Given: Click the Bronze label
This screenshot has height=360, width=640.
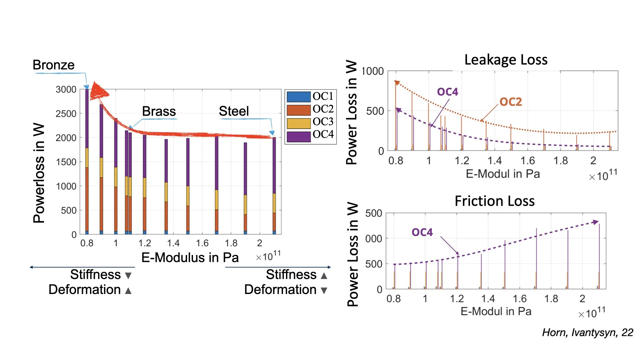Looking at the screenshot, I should click(53, 65).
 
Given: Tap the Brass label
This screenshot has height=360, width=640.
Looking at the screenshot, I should click(159, 111).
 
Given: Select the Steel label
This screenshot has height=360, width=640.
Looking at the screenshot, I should click(234, 111).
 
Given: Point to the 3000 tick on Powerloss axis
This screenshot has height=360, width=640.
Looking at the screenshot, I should click(66, 89).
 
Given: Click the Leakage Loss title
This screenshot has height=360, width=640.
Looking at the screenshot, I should click(506, 60).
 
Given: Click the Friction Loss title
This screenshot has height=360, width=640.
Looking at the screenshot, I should click(494, 201).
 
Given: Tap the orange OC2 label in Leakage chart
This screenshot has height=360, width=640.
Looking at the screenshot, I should click(510, 102).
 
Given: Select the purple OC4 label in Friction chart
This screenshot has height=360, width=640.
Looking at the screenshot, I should click(422, 232).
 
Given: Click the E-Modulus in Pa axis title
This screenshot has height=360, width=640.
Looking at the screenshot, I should click(190, 257).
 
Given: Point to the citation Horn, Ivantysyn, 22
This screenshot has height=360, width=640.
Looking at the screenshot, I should click(587, 332).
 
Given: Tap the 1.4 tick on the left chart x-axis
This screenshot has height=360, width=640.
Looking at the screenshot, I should click(173, 243).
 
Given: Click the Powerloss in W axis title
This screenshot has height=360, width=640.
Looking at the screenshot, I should click(39, 173).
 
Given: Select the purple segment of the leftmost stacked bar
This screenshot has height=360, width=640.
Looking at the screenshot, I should click(87, 118).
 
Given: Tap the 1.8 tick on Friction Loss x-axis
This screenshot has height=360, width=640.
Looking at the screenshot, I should click(551, 298).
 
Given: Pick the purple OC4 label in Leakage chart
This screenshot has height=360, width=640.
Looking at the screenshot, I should click(447, 92).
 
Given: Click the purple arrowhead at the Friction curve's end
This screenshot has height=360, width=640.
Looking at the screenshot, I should click(596, 222).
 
